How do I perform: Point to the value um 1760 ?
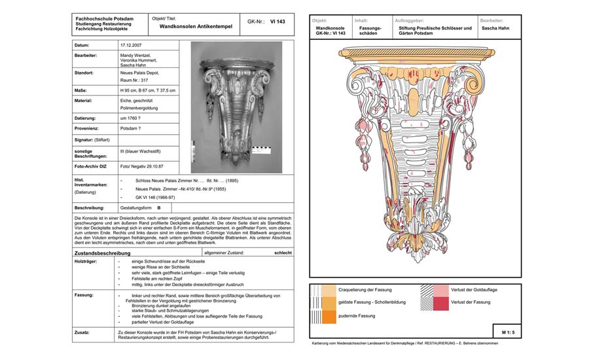133,118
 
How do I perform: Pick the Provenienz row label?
89,128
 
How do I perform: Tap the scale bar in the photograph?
260,149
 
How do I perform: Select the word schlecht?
283,252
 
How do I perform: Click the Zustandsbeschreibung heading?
102,253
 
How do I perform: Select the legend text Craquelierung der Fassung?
366,289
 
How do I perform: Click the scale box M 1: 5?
507,333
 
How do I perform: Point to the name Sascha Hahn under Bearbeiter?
496,29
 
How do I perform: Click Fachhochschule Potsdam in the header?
104,19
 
